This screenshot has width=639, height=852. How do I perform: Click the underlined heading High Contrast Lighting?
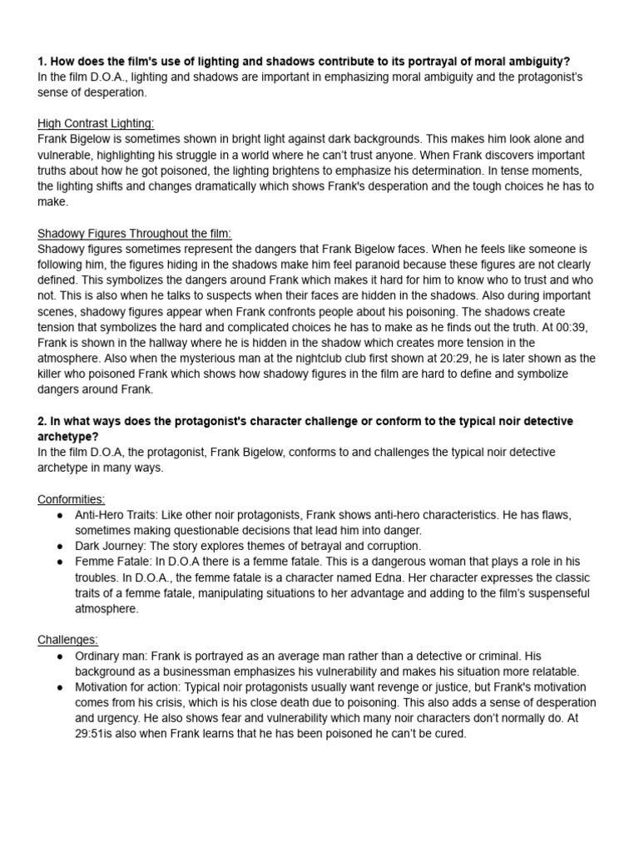click(x=96, y=123)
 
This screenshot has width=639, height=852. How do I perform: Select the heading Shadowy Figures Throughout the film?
click(x=134, y=233)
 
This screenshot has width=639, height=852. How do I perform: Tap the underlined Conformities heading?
click(x=72, y=499)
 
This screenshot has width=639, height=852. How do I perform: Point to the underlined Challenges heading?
click(x=67, y=640)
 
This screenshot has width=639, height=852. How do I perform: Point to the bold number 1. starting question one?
click(x=42, y=62)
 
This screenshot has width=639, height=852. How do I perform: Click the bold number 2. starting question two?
click(x=42, y=421)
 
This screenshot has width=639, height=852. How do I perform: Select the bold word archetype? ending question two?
click(x=67, y=437)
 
